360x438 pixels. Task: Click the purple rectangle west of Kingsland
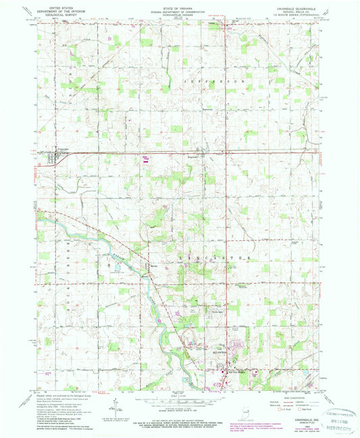[x=146, y=159]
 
